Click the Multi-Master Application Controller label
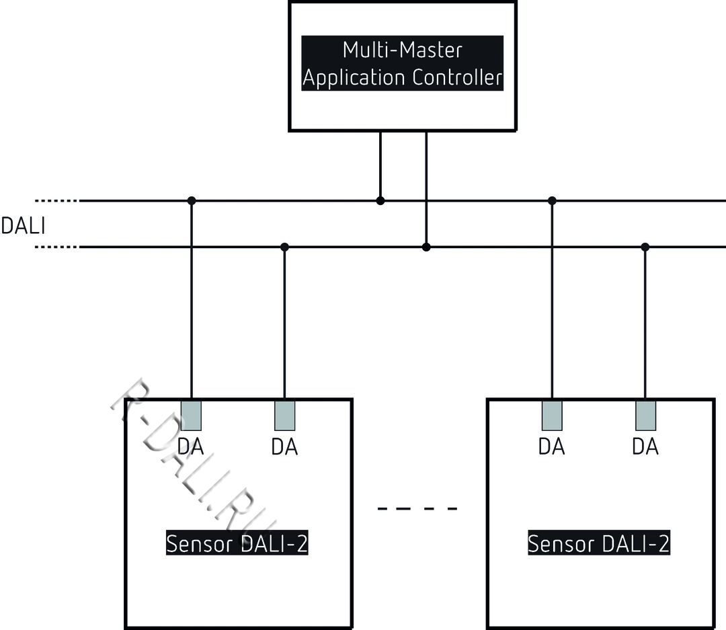tap(402, 64)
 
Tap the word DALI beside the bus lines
tap(23, 226)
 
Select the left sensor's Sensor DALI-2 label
tap(237, 543)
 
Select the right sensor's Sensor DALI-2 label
tap(598, 543)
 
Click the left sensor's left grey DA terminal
tap(192, 415)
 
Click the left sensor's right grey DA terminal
tap(284, 415)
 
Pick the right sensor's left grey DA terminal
tap(552, 415)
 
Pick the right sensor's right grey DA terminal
tap(645, 415)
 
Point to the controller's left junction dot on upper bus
tap(380, 200)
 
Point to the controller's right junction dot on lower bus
tap(426, 247)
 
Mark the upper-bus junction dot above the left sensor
tap(192, 200)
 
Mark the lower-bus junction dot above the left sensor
tap(284, 247)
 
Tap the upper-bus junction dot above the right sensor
tap(552, 200)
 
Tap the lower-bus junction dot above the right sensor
tap(645, 247)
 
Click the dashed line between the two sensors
tap(417, 508)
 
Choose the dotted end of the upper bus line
tap(56, 200)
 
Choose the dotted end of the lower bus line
tap(56, 247)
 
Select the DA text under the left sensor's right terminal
tap(284, 446)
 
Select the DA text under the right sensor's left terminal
tap(552, 446)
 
